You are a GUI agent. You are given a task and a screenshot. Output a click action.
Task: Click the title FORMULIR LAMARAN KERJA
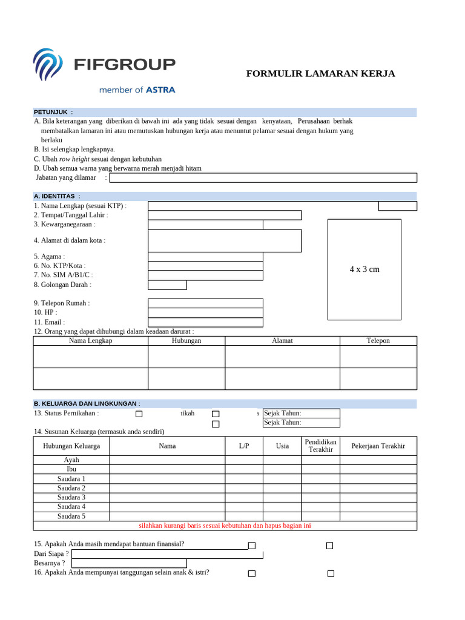320,74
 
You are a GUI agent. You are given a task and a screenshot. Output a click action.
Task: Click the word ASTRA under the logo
160,90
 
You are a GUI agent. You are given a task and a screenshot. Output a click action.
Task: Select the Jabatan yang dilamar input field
263,177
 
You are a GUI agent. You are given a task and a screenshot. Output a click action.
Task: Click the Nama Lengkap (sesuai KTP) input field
262,206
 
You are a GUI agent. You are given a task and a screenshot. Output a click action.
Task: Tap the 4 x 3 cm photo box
364,269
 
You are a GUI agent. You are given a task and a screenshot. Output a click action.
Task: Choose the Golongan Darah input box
167,285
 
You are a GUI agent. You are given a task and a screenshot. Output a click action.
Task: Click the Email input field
205,322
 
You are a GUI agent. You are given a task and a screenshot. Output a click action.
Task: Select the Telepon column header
378,341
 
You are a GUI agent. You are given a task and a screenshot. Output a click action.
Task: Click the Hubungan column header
186,341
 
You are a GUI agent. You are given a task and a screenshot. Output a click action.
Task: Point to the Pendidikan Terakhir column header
321,446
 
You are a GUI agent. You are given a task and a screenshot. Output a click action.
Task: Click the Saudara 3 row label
71,497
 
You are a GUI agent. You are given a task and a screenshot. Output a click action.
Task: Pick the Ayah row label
71,460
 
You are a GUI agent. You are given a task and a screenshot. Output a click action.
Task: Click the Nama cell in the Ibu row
167,469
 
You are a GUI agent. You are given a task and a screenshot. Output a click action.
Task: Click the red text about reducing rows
225,526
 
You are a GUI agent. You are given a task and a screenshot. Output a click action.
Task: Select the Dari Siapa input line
167,553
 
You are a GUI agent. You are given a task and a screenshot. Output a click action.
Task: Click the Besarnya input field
129,563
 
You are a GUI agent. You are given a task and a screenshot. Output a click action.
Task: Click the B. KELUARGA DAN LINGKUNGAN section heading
87,403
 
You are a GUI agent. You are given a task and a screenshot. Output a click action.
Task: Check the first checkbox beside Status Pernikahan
139,414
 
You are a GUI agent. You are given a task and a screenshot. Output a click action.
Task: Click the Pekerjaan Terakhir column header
378,446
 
